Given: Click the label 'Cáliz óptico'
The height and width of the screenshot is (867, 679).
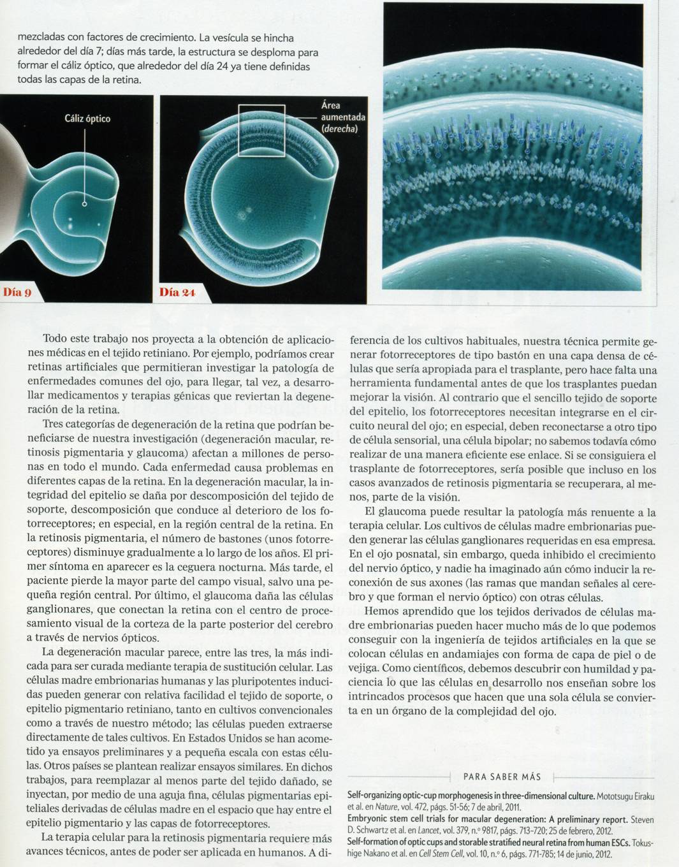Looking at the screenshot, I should click(x=87, y=119).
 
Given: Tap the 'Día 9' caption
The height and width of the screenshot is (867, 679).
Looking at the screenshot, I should click(x=18, y=293).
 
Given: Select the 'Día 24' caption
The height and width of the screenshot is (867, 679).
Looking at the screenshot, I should click(x=177, y=293).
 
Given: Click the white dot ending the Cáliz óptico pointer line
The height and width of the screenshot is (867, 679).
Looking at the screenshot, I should click(x=84, y=205).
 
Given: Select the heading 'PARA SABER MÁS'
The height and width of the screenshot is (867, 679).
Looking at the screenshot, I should click(x=502, y=776).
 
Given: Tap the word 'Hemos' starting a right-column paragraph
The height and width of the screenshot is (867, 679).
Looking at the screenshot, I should click(x=381, y=612).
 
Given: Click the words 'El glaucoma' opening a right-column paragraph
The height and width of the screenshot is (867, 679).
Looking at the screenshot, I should click(x=391, y=512).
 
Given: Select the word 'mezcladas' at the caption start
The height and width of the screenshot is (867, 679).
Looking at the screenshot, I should click(x=41, y=38).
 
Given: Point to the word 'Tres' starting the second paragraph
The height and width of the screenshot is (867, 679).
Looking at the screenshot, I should click(x=54, y=425).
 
